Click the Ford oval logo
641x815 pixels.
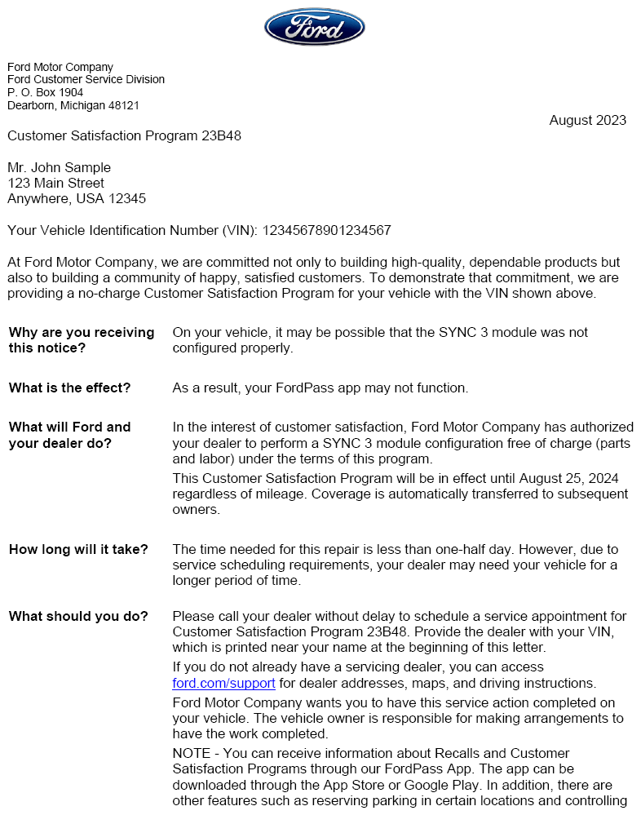[314, 27]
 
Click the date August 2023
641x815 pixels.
[587, 121]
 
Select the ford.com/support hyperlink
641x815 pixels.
[223, 684]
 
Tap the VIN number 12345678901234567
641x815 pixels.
[326, 231]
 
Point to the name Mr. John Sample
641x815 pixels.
[59, 168]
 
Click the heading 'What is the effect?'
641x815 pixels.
[69, 388]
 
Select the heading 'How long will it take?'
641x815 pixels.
[78, 550]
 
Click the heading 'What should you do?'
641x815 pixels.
[78, 617]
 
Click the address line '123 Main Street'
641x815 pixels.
[55, 184]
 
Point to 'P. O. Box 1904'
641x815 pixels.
[45, 93]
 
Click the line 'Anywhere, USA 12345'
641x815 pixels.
[77, 199]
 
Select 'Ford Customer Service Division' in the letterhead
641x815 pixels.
[86, 80]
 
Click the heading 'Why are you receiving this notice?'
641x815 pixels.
[81, 340]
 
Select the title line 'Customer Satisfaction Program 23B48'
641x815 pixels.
[124, 136]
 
